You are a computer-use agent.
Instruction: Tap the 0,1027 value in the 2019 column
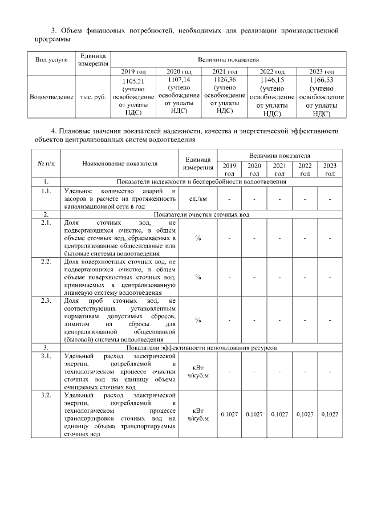(x=229, y=414)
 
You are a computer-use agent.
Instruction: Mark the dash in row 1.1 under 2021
(x=279, y=198)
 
